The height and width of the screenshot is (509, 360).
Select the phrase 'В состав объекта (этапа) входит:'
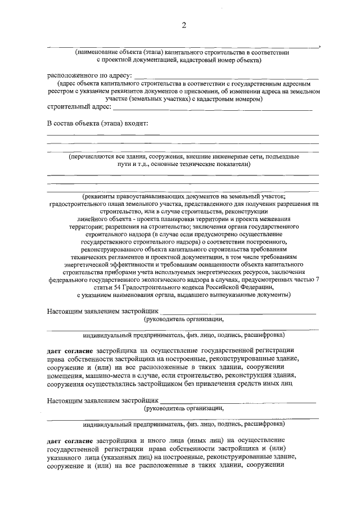click(96, 123)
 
